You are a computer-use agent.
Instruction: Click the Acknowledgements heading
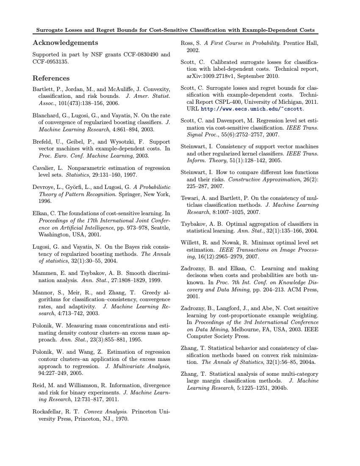(65, 43)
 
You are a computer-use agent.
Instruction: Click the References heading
(51, 78)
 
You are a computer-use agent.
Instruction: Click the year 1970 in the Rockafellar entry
(121, 419)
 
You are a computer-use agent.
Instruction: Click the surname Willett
(191, 243)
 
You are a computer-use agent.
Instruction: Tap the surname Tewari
(190, 198)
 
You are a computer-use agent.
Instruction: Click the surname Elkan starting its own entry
(41, 214)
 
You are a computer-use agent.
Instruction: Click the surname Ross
(187, 43)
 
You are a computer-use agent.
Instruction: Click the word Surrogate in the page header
(51, 30)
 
